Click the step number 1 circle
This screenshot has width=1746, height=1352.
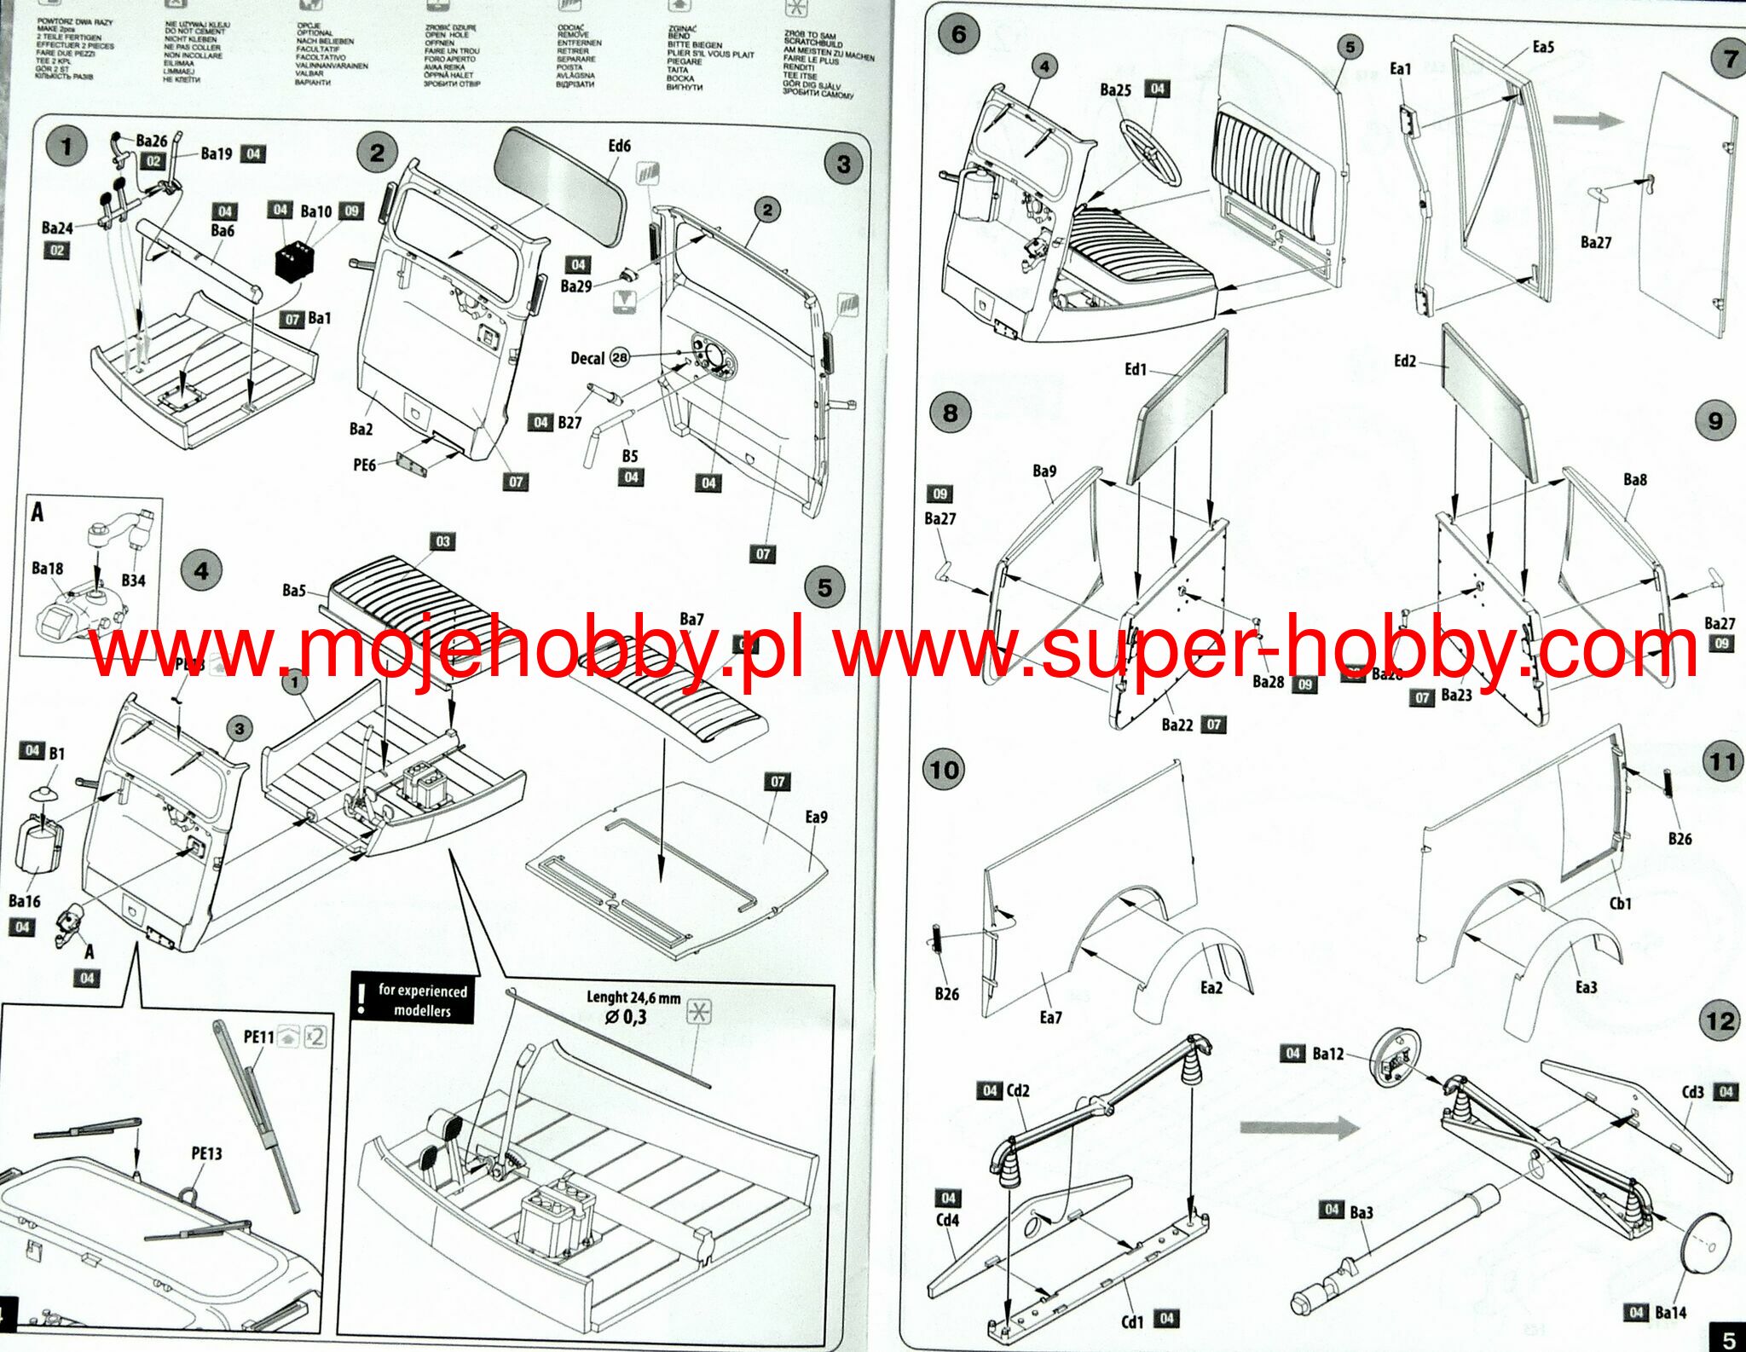[x=66, y=147]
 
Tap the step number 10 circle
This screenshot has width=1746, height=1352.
[x=945, y=771]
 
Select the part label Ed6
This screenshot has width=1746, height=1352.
[x=619, y=146]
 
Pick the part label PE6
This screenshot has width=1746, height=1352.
[x=364, y=465]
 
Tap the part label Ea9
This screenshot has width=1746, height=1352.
[x=816, y=818]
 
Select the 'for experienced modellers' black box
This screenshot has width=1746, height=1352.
[x=413, y=1001]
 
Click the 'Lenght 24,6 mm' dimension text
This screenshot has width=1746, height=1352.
[x=633, y=997]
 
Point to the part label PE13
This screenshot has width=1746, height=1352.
[x=206, y=1153]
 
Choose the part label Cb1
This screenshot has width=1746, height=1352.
[x=1620, y=904]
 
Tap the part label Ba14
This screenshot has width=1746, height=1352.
[x=1670, y=1313]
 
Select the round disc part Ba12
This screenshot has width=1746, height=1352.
[x=1399, y=1057]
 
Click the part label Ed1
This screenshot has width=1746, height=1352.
[x=1136, y=369]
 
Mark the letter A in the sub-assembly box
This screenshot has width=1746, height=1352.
[x=38, y=512]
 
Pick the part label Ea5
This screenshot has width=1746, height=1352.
[x=1543, y=47]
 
